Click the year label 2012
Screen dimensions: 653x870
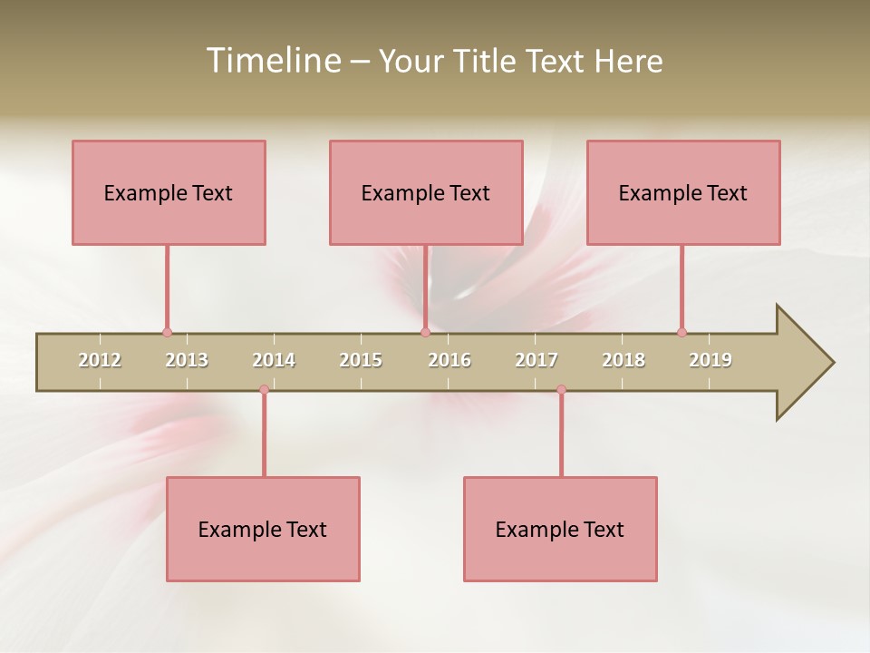100,360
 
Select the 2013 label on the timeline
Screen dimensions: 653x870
187,360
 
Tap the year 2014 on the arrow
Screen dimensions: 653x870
274,360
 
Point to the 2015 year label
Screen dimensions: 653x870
361,360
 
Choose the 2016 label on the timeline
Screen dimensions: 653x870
449,360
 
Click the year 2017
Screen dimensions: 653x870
536,360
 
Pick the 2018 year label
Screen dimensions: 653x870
623,360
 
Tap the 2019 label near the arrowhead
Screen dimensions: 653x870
710,360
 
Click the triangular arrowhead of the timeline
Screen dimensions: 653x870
802,362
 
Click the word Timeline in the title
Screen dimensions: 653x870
272,61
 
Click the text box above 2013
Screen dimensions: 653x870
169,192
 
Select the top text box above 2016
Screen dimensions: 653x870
426,192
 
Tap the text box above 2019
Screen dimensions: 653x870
683,192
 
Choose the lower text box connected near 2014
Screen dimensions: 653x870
263,529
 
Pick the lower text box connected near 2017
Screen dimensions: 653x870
560,529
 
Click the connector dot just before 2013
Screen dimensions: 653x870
167,333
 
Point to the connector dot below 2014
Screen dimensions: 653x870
264,390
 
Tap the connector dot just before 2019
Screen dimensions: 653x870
681,333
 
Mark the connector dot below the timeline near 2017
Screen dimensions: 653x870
561,390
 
